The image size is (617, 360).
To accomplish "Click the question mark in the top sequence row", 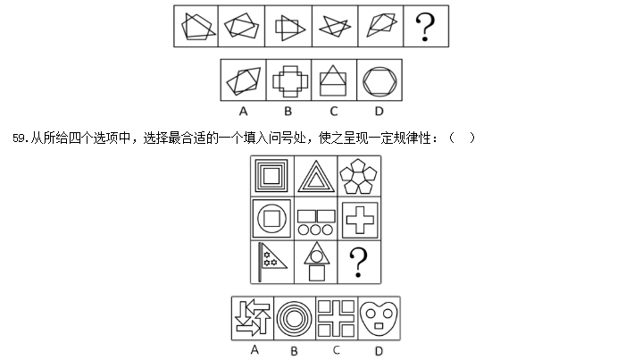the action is click(425, 26).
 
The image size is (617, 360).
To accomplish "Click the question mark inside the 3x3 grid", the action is click(358, 263).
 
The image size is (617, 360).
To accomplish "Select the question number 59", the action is click(19, 138).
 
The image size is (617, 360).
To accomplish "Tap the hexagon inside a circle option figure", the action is click(379, 80).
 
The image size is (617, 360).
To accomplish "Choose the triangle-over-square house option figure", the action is click(333, 80).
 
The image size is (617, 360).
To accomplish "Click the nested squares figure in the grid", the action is click(271, 176).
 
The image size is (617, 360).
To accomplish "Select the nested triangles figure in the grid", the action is click(316, 177).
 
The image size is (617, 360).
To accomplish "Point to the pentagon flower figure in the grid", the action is click(358, 177).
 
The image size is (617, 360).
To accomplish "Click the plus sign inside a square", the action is click(360, 220).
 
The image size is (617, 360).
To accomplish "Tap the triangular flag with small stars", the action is click(272, 262).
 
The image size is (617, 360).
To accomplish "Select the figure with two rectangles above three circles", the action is click(316, 222).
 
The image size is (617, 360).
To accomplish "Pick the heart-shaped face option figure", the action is click(379, 318).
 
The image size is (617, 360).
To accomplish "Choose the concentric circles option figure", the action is click(294, 319).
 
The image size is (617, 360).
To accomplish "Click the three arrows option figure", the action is click(253, 318).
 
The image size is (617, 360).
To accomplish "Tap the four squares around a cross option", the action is click(336, 318).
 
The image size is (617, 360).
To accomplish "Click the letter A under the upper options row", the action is click(244, 112).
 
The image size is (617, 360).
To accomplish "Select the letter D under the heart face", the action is click(379, 351).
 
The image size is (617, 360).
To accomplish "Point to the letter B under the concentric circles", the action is click(294, 351).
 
